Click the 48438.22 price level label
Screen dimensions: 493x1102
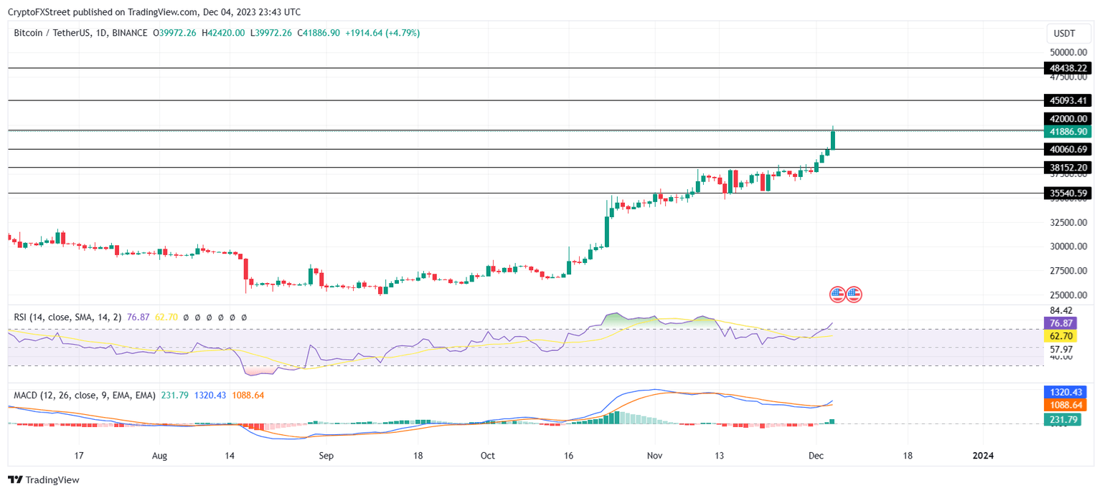(x=1069, y=68)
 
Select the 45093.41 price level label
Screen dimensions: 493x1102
(x=1069, y=101)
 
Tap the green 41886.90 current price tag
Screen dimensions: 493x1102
(x=1069, y=132)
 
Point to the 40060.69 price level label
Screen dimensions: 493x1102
(x=1069, y=150)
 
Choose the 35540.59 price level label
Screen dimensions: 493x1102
(x=1069, y=193)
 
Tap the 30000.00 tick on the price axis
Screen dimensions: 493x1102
(x=1068, y=247)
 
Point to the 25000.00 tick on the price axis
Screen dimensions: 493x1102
(x=1068, y=295)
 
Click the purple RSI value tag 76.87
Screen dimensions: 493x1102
(x=1065, y=324)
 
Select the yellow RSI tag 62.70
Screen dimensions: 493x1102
(x=1065, y=335)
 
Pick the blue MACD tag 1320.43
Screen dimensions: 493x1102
(x=1065, y=392)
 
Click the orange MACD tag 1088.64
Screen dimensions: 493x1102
(x=1065, y=405)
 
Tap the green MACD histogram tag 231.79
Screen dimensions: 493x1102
(x=1065, y=419)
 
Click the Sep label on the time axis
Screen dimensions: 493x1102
(x=326, y=456)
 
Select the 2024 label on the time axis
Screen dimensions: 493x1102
(x=982, y=456)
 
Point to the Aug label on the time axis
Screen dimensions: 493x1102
(x=160, y=456)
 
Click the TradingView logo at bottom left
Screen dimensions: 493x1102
(x=44, y=480)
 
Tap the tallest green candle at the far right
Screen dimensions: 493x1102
(x=833, y=139)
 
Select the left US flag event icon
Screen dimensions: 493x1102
(x=837, y=294)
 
